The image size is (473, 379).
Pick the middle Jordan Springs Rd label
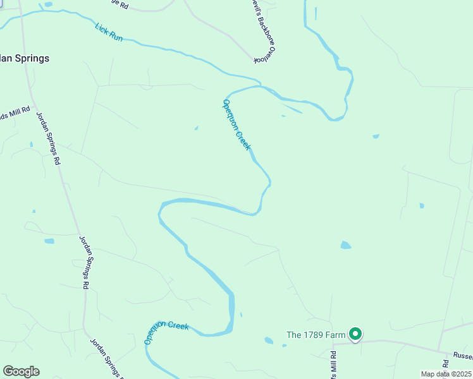coord(83,262)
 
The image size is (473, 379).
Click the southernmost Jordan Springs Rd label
coord(104,358)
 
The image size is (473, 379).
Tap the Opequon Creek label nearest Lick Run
coord(238,124)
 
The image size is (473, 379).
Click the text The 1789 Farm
coord(316,335)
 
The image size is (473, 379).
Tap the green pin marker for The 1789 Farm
coord(355,334)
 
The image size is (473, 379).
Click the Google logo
coord(21,371)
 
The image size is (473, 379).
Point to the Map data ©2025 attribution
coord(445,374)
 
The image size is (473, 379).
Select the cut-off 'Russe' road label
coord(463,356)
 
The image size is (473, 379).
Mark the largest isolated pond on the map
coord(345,245)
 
